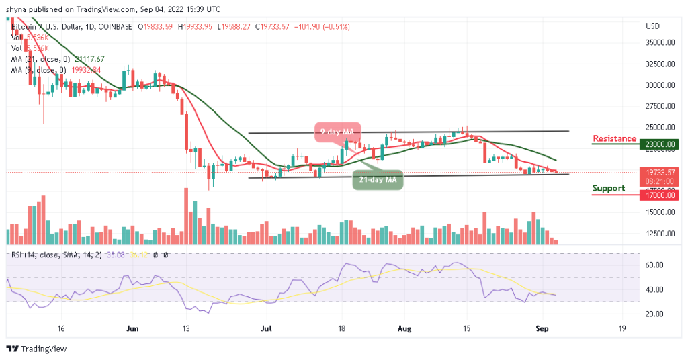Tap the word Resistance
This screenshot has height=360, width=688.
[x=614, y=139]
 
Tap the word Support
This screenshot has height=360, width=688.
[x=609, y=188]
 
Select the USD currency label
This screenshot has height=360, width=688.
[x=652, y=26]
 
